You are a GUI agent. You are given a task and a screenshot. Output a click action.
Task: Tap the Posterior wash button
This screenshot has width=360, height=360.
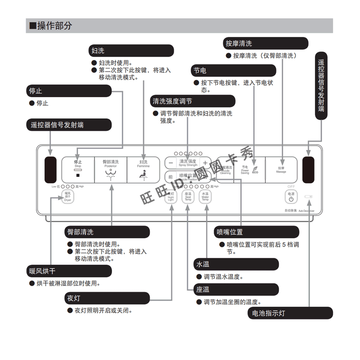click(x=110, y=169)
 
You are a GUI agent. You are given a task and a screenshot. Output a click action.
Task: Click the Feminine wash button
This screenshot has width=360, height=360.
click(x=144, y=169)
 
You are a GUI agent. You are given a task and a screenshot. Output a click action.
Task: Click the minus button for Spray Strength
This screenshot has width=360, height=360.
click(x=171, y=163)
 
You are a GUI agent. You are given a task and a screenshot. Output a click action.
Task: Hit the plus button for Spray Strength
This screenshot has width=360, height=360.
click(x=205, y=163)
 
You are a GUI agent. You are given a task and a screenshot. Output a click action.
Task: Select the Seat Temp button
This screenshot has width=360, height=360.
click(x=188, y=196)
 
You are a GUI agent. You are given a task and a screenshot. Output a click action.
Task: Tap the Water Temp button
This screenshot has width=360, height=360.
click(x=205, y=196)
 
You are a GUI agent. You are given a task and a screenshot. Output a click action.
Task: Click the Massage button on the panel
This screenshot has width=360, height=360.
click(x=281, y=169)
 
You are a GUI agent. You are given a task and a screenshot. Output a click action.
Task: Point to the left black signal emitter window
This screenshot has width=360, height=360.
click(x=51, y=170)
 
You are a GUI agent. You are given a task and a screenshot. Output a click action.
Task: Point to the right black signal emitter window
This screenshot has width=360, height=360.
click(x=309, y=170)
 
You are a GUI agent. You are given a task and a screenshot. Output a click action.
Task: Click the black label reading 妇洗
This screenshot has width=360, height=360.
click(x=130, y=50)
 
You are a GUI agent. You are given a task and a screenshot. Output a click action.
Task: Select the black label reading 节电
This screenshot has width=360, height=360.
click(x=233, y=71)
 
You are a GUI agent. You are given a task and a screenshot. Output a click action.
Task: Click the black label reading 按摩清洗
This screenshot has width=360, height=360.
click(x=265, y=43)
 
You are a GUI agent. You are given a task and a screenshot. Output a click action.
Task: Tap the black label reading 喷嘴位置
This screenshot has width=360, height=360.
click(x=256, y=232)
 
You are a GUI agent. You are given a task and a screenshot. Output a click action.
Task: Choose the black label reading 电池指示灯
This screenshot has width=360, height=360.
click(x=290, y=313)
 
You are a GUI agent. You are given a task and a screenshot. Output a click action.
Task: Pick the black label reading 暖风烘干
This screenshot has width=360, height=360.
click(x=68, y=271)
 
